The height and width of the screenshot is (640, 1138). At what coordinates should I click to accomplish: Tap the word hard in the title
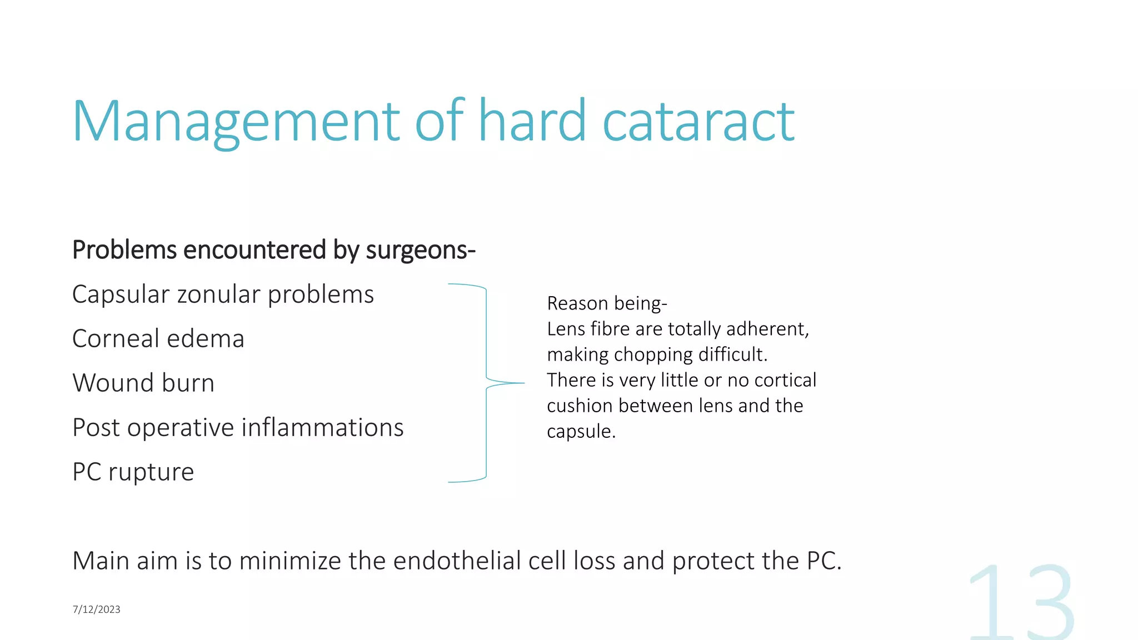pyautogui.click(x=532, y=121)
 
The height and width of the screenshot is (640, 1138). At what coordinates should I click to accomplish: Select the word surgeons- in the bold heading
pyautogui.click(x=421, y=250)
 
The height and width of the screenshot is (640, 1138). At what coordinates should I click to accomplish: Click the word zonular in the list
pyautogui.click(x=218, y=294)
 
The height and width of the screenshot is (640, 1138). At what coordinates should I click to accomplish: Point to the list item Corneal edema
pyautogui.click(x=158, y=339)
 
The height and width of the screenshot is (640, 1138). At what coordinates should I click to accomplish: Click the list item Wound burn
pyautogui.click(x=143, y=383)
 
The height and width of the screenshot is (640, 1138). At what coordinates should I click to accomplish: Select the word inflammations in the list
pyautogui.click(x=322, y=428)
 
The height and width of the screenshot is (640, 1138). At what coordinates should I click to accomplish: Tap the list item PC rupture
pyautogui.click(x=133, y=472)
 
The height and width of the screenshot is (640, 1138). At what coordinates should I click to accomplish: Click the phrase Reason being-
pyautogui.click(x=607, y=303)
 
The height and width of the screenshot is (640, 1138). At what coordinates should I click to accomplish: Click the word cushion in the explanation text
pyautogui.click(x=580, y=406)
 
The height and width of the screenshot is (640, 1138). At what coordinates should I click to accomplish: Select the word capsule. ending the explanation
pyautogui.click(x=581, y=432)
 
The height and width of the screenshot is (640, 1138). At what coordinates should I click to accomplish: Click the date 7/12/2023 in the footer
pyautogui.click(x=96, y=609)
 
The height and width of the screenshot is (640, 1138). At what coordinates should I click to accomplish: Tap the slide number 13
pyautogui.click(x=1021, y=603)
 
